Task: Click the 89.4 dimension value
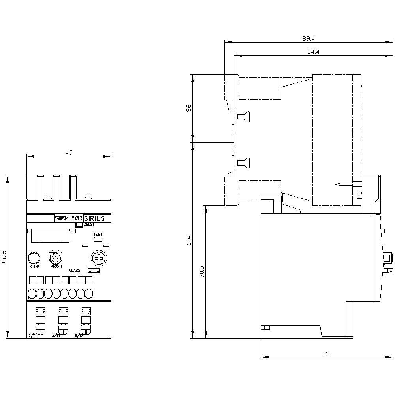308,38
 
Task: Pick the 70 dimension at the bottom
326,353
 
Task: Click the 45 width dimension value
69,153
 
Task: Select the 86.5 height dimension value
4,256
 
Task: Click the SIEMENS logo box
69,218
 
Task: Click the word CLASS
75,271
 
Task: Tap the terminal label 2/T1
32,336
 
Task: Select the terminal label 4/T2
56,336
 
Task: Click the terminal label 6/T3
79,336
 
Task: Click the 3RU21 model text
90,225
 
